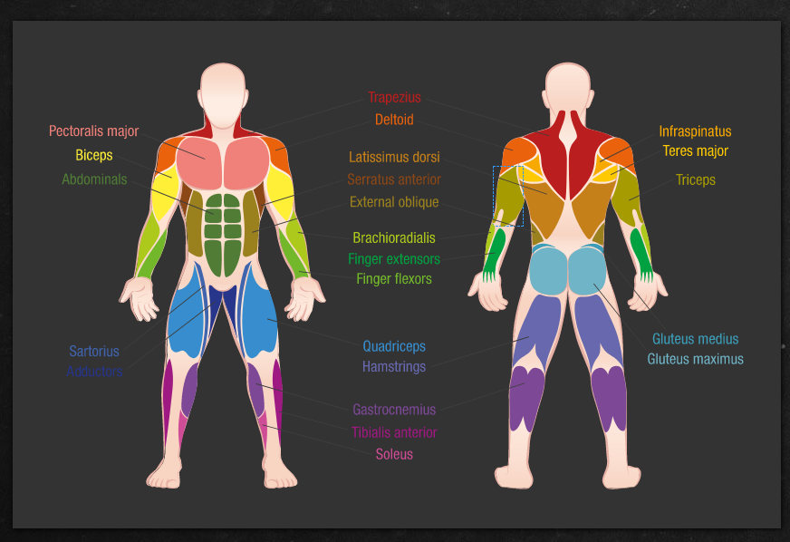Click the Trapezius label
(394, 97)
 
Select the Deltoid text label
(394, 120)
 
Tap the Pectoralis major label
(93, 131)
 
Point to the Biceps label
(94, 155)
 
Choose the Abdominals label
(94, 179)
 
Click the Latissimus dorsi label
(394, 158)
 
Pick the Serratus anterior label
(394, 179)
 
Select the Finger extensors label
(394, 259)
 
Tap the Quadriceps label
(394, 346)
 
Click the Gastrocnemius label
(394, 410)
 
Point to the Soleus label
(394, 454)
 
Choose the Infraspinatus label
(695, 131)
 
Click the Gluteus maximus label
(695, 359)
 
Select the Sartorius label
(94, 351)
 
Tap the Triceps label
(695, 180)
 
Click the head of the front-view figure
(223, 96)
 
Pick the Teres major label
(695, 150)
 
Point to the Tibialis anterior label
(394, 432)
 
